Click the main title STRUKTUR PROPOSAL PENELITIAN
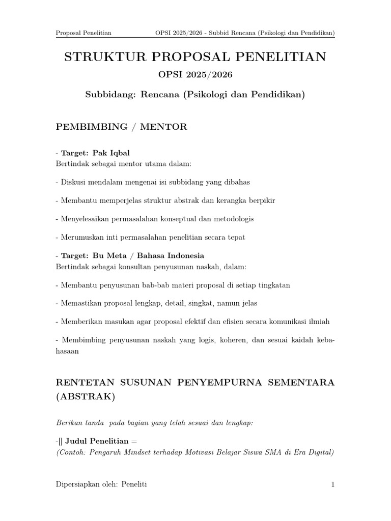(195, 57)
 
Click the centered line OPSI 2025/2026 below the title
(195, 75)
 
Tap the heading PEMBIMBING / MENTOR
(121, 127)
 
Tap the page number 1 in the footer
(332, 484)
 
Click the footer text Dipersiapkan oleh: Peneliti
(101, 484)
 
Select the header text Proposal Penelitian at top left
(83, 34)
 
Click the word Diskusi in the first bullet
(73, 182)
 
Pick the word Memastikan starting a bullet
(81, 303)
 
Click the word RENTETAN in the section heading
(85, 383)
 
